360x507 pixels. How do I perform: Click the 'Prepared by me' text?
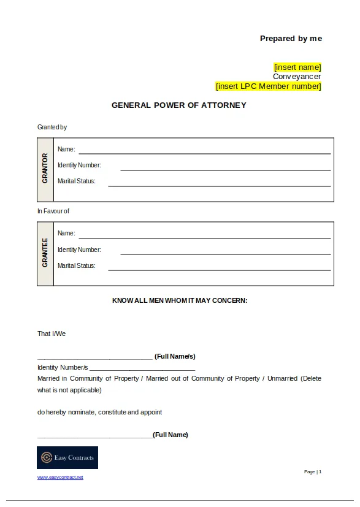coord(291,39)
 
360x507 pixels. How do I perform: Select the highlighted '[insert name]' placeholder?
coord(297,67)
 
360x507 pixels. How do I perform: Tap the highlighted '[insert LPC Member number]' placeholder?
coord(269,86)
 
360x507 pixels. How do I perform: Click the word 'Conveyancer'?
coord(297,77)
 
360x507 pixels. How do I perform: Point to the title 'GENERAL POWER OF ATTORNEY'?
coord(179,105)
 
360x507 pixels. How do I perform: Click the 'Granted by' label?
coord(52,128)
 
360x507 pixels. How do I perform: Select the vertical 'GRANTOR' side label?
coord(45,169)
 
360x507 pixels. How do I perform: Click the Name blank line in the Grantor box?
coord(204,153)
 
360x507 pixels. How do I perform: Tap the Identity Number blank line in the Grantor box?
coord(225,169)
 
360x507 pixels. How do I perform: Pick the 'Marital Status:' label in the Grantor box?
coord(77,181)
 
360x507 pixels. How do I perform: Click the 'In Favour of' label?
coord(53,212)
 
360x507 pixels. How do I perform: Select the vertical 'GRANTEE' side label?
coord(45,253)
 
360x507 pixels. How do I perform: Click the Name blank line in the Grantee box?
coord(204,237)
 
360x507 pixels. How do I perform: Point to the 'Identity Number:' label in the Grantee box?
coord(79,250)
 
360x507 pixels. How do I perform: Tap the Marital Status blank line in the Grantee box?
coord(219,269)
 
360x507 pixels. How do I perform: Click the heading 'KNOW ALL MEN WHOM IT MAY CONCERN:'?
coord(180,301)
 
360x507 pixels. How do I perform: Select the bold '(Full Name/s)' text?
coord(175,356)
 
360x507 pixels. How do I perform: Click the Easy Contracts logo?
coord(67,458)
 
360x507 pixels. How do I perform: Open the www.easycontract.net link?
coord(60,478)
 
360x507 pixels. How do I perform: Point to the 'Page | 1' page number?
coord(313,472)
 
